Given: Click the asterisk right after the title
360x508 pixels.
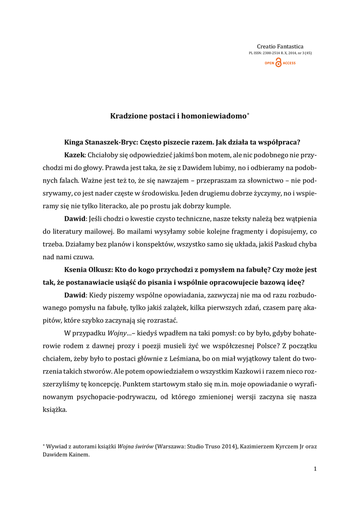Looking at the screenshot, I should [x=248, y=114].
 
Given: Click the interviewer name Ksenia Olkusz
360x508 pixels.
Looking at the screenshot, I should [x=88, y=270].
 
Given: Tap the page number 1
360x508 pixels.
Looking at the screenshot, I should [x=315, y=469].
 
